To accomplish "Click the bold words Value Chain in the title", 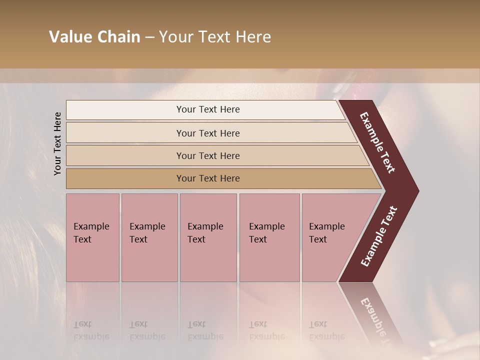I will tap(94, 37).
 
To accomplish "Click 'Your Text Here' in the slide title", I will tap(215, 37).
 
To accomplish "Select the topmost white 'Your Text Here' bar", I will tap(207, 109).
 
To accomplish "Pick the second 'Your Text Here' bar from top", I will tap(207, 133).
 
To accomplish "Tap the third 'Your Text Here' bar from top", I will tap(207, 155).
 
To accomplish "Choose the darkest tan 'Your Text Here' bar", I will tap(207, 178).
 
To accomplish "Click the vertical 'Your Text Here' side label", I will tap(57, 143).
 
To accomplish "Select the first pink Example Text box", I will tap(92, 237).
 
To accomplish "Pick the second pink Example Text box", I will tap(149, 237).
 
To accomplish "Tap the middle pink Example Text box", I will tap(208, 237).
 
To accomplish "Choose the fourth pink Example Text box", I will tap(269, 237).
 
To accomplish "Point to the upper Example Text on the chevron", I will tap(377, 142).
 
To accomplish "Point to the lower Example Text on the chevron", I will tap(379, 236).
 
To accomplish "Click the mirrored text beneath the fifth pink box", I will tap(327, 330).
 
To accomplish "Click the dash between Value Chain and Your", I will tap(149, 37).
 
